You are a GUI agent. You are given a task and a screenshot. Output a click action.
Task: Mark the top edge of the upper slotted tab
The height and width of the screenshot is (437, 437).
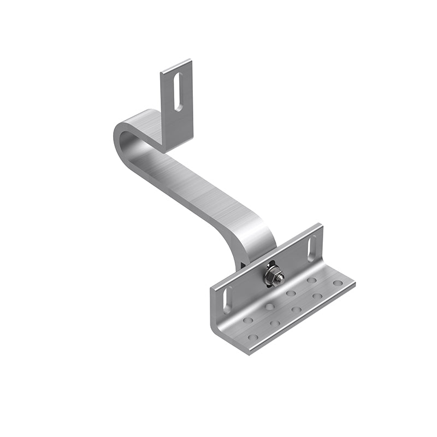click(x=176, y=66)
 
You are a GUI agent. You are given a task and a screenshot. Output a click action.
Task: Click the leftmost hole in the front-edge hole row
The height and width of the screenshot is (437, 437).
click(x=252, y=337)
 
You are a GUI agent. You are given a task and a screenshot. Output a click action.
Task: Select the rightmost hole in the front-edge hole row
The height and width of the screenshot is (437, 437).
click(x=338, y=284)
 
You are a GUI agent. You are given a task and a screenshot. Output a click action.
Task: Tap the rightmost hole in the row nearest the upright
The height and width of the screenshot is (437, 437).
click(x=311, y=280)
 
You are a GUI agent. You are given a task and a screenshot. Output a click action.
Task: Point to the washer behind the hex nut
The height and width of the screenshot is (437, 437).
click(x=266, y=278)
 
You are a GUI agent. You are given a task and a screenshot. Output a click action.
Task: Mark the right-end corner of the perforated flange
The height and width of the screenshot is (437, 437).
click(x=354, y=284)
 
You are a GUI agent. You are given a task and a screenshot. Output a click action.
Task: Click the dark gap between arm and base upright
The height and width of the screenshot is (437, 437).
click(x=241, y=266)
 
